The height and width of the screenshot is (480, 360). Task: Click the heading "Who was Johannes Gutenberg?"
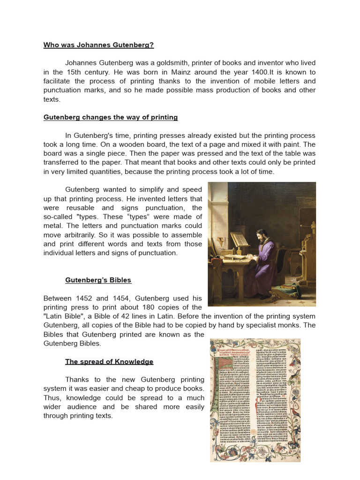point(98,45)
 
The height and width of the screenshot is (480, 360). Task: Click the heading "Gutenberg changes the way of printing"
point(111,117)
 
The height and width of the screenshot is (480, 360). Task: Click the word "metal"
point(53,226)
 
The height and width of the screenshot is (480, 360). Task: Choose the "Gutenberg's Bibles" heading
point(98,280)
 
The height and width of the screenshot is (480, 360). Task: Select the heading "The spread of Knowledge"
point(109,361)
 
